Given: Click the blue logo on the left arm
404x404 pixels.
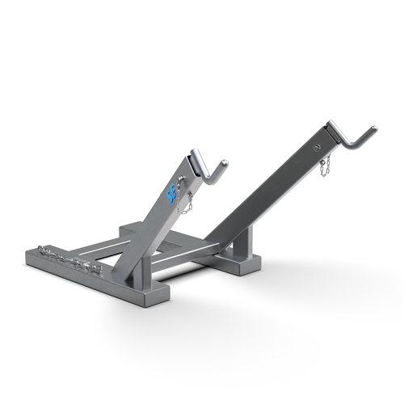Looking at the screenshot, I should pyautogui.click(x=170, y=194).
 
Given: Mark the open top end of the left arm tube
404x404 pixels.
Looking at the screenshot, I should pyautogui.click(x=196, y=155).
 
